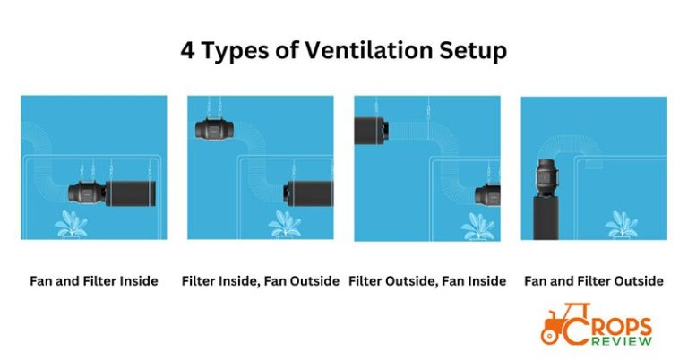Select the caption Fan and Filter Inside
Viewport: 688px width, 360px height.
[x=93, y=281]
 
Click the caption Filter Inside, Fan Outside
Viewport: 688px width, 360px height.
[x=260, y=281]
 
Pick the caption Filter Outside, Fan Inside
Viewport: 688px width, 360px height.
[x=428, y=281]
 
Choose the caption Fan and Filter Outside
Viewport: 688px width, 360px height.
[x=594, y=281]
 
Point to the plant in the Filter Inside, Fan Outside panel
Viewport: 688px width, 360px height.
[x=288, y=221]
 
